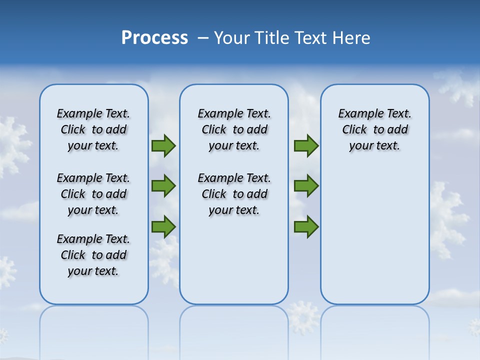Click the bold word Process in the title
point(154,38)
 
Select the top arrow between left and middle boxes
point(163,145)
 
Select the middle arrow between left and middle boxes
point(163,186)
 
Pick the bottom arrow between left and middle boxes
point(163,226)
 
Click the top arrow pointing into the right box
point(306,145)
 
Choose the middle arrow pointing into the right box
point(306,186)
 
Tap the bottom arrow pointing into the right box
point(306,226)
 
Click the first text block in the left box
point(93,129)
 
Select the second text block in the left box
point(93,194)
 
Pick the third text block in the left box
point(93,255)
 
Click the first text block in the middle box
point(234,129)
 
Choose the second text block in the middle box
point(234,194)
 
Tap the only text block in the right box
point(374,129)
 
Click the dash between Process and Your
point(203,38)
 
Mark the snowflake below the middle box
point(303,317)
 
